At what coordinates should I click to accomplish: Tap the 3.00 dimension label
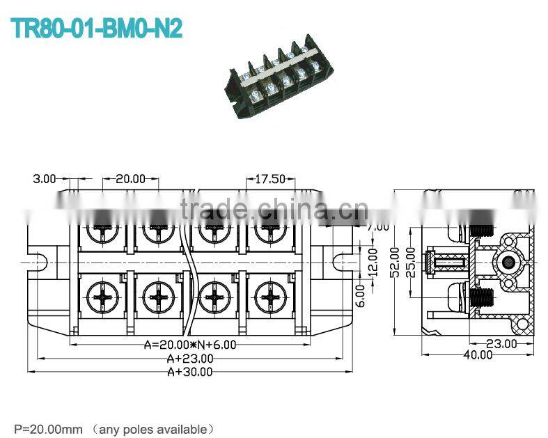(44, 179)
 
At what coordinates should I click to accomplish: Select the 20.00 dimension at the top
(130, 179)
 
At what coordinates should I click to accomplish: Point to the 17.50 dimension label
(269, 179)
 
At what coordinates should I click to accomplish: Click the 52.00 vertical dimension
(395, 260)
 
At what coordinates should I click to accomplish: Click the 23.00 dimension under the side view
(501, 343)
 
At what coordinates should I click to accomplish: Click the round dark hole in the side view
(508, 262)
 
